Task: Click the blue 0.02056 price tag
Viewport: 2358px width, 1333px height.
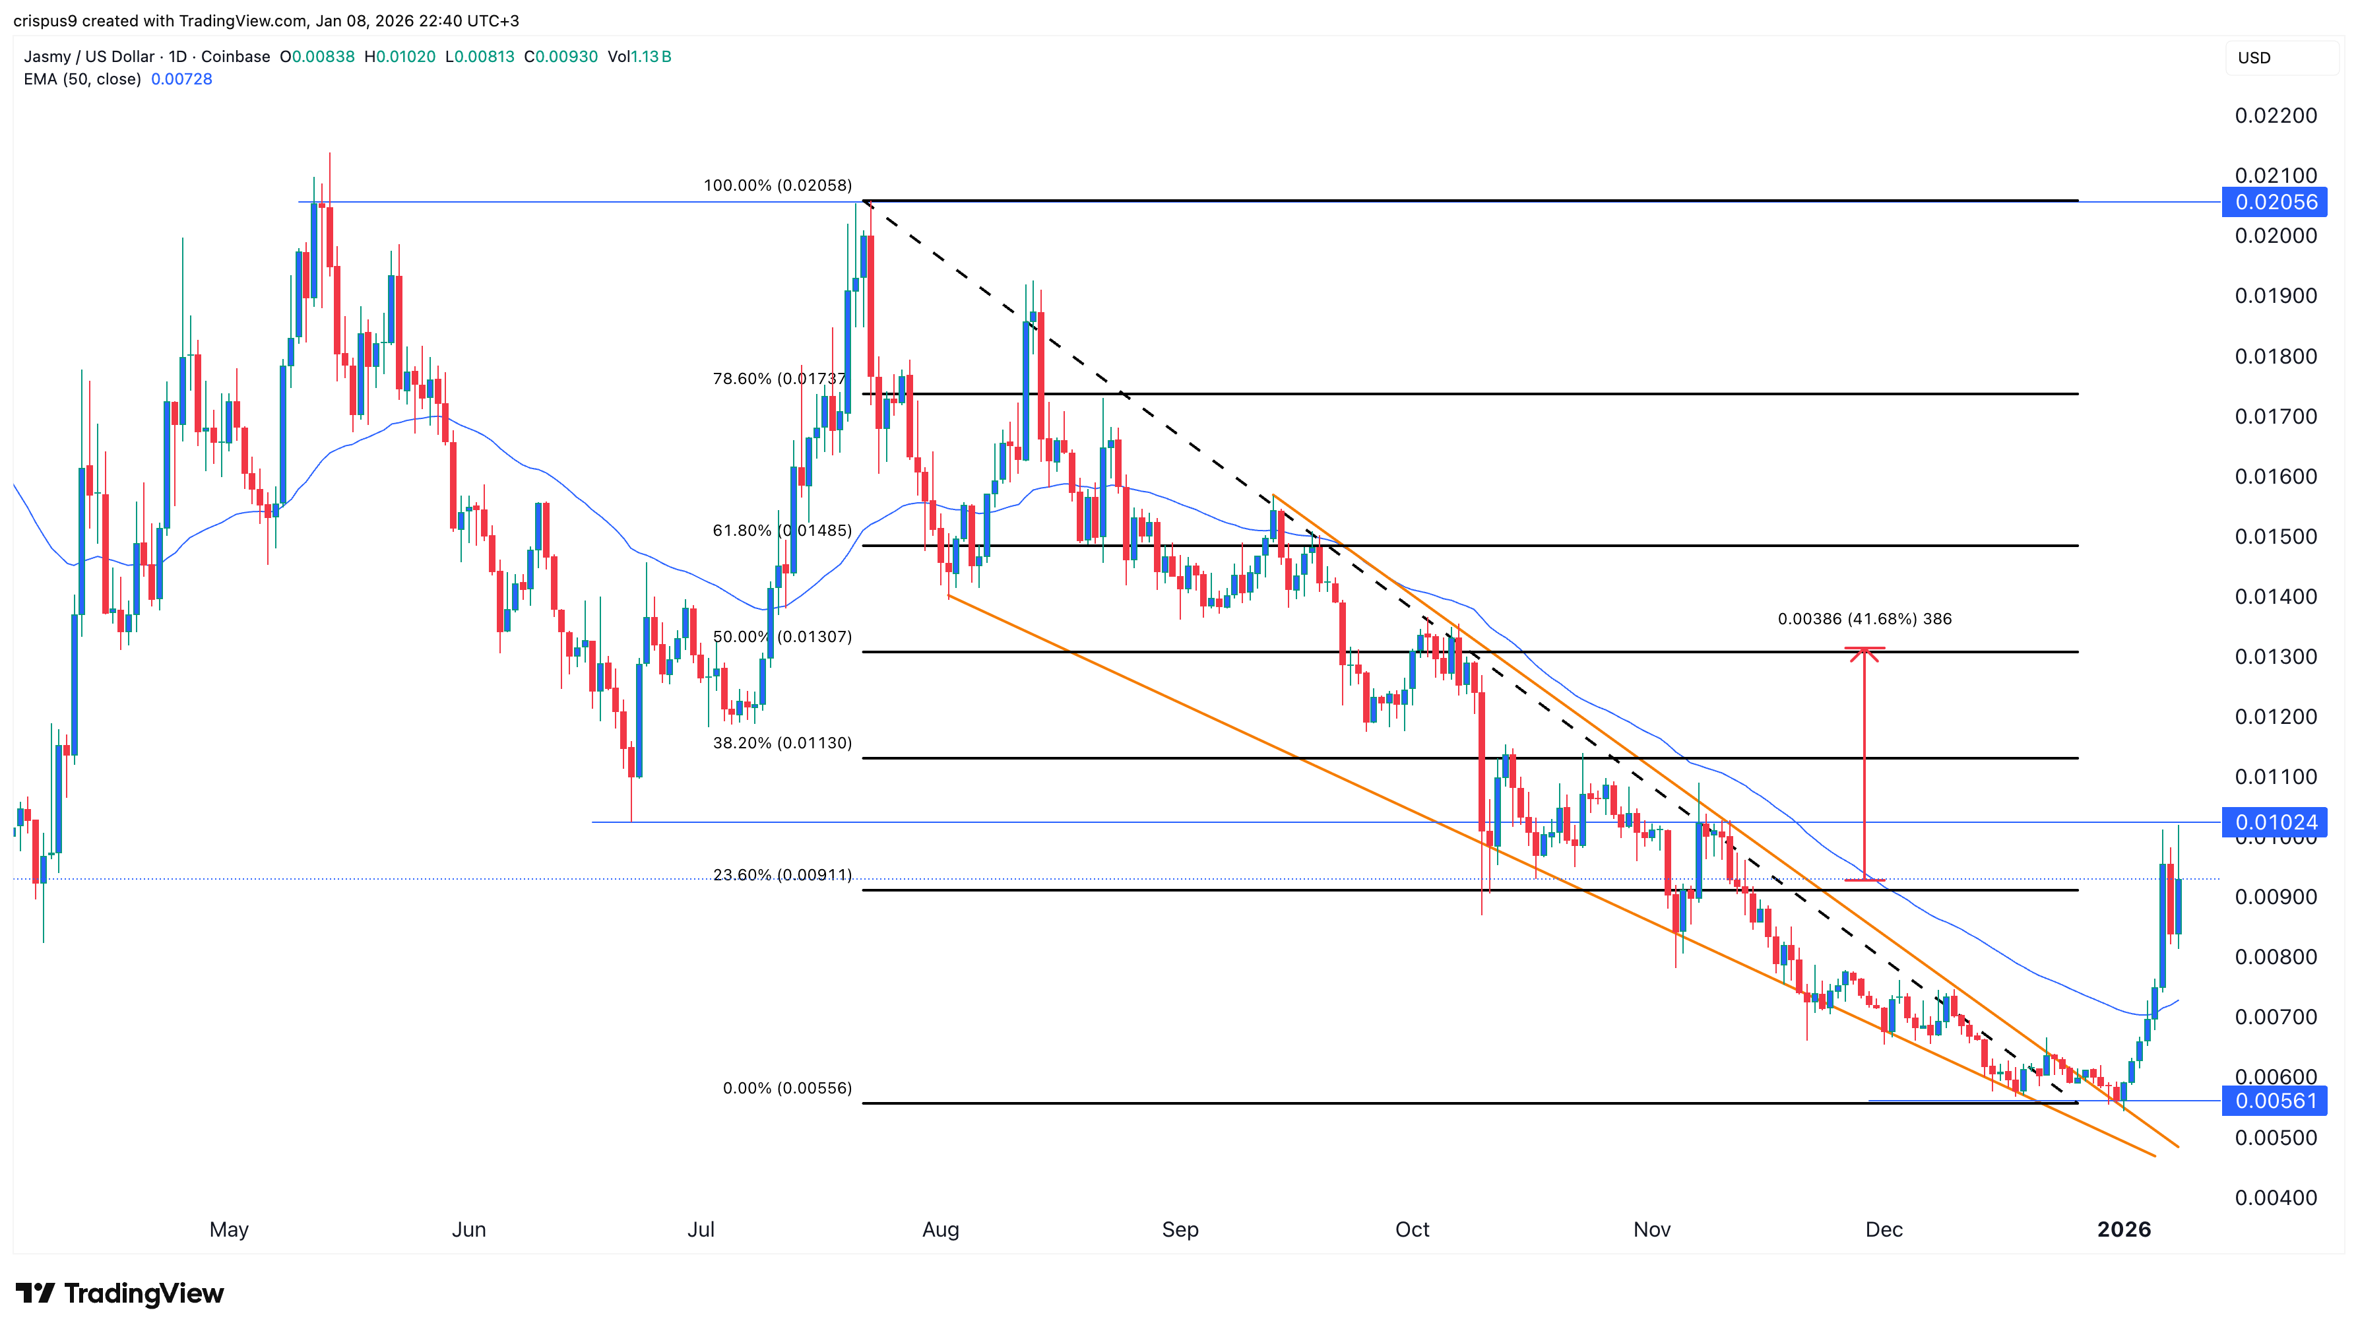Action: pos(2275,203)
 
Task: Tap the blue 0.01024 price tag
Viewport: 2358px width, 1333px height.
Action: pos(2275,822)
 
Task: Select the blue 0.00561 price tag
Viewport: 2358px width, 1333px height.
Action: pos(2275,1101)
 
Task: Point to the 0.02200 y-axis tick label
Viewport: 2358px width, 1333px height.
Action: pos(2276,115)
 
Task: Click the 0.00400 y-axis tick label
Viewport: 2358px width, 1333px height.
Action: pos(2276,1198)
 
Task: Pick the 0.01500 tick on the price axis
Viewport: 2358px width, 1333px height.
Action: pos(2276,536)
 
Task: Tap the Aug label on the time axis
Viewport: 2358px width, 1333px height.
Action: pos(940,1229)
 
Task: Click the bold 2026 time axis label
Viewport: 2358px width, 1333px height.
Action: pos(2124,1229)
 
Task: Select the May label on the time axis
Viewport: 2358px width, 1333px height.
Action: pos(229,1229)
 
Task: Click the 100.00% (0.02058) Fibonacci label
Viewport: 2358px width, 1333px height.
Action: pos(777,186)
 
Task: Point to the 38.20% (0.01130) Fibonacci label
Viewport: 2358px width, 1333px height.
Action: pos(782,744)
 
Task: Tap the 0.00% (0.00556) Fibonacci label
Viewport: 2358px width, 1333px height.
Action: pos(787,1089)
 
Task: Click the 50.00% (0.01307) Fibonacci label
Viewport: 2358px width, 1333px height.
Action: pos(782,637)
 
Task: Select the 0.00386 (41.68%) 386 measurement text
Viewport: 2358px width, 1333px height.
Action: pos(1864,620)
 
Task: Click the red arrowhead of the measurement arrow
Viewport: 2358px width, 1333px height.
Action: pos(1864,652)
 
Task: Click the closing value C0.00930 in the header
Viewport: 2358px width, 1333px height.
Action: pos(561,57)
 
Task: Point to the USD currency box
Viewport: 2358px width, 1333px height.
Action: pos(2254,57)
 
